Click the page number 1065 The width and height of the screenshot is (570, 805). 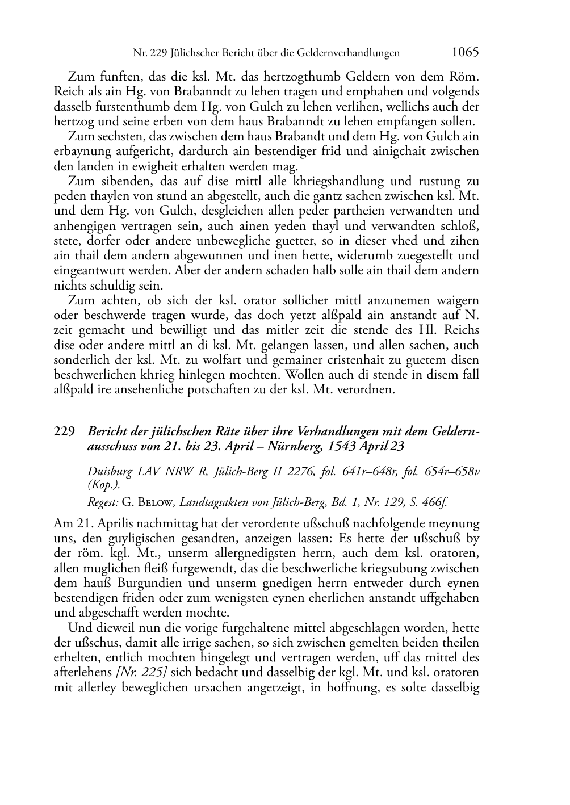[465, 52]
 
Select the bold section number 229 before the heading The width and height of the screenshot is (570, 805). [64, 431]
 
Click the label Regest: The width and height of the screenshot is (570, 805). [103, 501]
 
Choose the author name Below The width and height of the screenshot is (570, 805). [154, 501]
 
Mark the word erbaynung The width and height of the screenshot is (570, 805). [80, 152]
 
